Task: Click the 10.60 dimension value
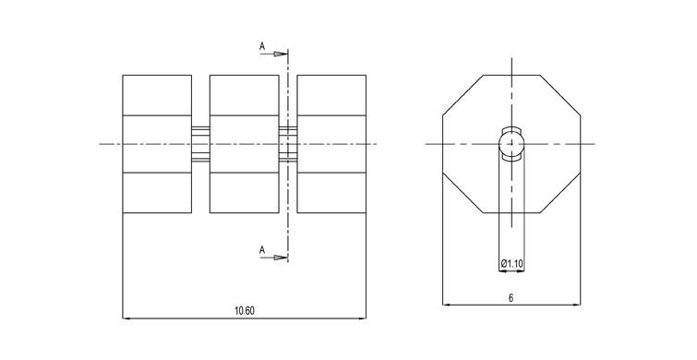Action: [x=245, y=311]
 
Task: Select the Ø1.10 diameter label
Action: [x=512, y=264]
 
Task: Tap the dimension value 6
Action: [x=511, y=298]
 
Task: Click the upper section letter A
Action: [x=262, y=46]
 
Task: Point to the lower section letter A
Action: [x=262, y=250]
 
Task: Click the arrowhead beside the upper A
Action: [x=280, y=54]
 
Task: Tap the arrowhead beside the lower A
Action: [x=280, y=258]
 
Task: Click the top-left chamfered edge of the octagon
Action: [x=463, y=96]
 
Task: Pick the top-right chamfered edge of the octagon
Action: [x=560, y=96]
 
